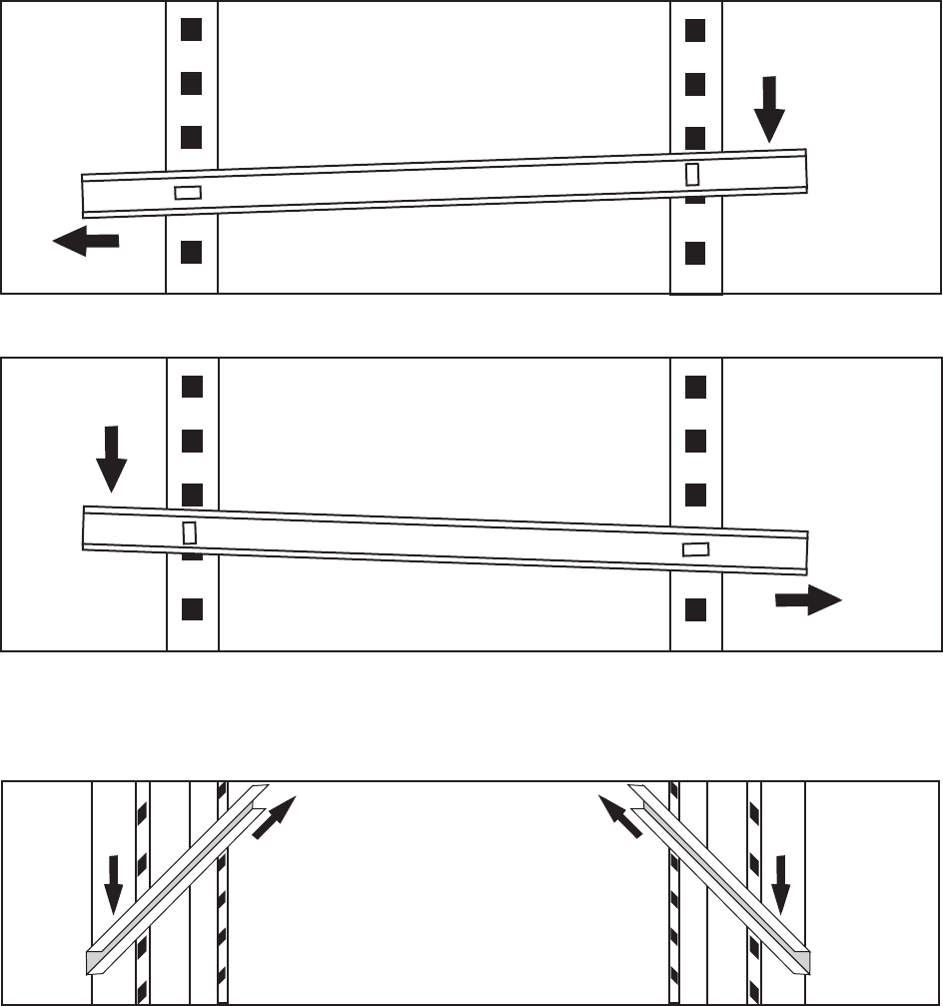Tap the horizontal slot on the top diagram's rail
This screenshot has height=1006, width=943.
[x=188, y=192]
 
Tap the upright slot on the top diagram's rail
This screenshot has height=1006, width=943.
[x=692, y=173]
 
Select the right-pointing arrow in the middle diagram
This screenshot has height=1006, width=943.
[x=808, y=601]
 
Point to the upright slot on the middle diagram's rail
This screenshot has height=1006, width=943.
[x=189, y=531]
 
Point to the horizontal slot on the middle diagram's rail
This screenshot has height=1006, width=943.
[x=695, y=548]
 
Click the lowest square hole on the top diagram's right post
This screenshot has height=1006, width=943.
[x=696, y=252]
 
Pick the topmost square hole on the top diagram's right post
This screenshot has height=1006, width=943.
[x=696, y=30]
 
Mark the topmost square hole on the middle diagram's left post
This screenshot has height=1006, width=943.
[x=191, y=385]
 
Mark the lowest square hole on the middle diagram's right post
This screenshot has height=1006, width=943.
[x=695, y=607]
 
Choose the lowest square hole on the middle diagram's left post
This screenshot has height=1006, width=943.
[x=191, y=607]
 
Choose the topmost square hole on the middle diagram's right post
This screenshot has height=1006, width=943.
[x=695, y=385]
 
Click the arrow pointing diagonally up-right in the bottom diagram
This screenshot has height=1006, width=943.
[x=276, y=816]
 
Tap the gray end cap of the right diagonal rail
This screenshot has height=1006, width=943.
[x=800, y=961]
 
